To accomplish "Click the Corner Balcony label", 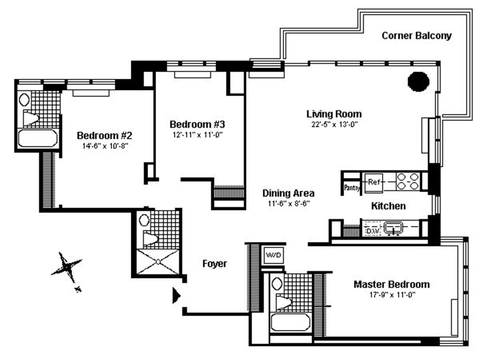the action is click(x=416, y=36).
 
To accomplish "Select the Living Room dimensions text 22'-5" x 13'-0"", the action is click(x=334, y=124).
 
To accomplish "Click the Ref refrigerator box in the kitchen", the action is click(x=374, y=182).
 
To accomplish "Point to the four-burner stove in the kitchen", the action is click(x=408, y=181).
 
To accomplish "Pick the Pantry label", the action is click(x=352, y=188).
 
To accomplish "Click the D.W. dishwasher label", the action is click(x=372, y=231).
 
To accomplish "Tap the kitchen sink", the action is click(x=394, y=229).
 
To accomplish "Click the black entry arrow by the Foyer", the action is click(x=176, y=295).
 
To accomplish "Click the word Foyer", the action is click(x=215, y=264).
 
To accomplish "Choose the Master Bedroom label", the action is click(x=391, y=285).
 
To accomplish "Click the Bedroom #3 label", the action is click(x=197, y=124).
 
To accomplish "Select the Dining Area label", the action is click(x=288, y=193).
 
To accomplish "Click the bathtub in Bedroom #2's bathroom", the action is click(x=38, y=138).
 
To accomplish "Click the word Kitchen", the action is click(x=388, y=206).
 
